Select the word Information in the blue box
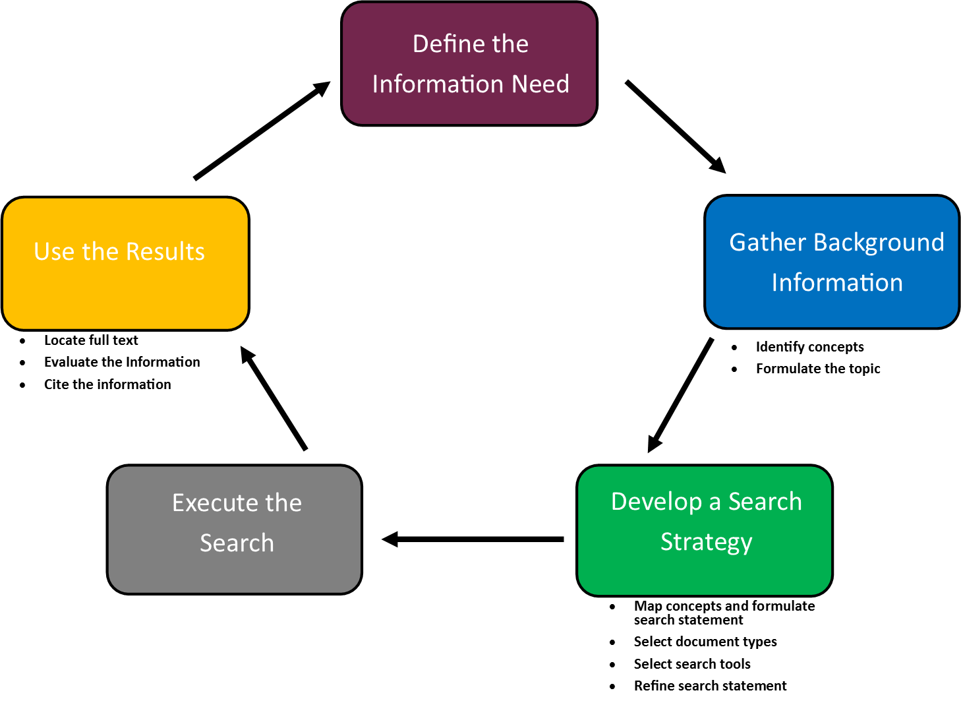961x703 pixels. [837, 283]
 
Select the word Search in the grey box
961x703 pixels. [237, 543]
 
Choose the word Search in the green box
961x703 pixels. [765, 502]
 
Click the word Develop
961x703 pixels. [656, 502]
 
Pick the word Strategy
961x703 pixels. [706, 543]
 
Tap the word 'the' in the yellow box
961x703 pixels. [100, 252]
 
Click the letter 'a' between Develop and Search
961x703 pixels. [714, 503]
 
